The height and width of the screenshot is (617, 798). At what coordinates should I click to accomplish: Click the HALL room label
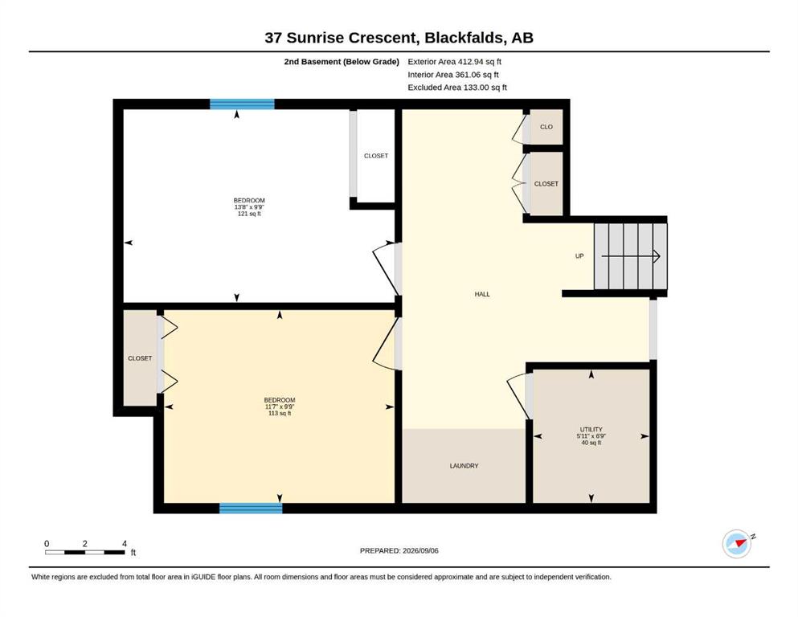coord(482,294)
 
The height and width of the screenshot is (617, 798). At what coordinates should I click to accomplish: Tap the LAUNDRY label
coord(464,465)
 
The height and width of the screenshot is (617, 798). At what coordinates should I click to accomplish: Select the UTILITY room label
coord(591,429)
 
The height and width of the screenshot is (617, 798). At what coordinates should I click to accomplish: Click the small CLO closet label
coord(546,127)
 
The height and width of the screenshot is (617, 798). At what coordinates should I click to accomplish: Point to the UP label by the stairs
coord(579,255)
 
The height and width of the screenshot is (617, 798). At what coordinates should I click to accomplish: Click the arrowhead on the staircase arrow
coord(657,255)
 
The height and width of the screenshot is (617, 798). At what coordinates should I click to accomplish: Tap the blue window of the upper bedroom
coord(242,104)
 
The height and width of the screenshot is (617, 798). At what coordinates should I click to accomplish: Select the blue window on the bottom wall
coord(251,509)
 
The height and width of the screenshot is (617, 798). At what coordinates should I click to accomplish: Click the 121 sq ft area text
coord(249,214)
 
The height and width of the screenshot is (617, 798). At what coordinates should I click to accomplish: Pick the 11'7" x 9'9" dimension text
coord(280,407)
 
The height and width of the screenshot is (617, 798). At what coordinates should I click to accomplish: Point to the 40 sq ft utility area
coord(591,443)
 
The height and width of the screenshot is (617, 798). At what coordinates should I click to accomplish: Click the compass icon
coord(738,544)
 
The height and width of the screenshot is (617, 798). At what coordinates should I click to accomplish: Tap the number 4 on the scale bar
coord(125,544)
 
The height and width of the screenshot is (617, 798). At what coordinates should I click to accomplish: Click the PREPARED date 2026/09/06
coord(420,550)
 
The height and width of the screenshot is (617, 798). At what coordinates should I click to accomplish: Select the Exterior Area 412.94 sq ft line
coord(455,62)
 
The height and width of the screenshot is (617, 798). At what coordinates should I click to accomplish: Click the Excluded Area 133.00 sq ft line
coord(457,87)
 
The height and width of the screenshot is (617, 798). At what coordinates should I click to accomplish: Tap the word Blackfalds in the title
coord(464,38)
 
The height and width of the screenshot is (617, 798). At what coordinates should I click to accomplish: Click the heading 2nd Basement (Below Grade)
coord(342,62)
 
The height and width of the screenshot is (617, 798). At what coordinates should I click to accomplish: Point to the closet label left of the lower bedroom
coord(140,358)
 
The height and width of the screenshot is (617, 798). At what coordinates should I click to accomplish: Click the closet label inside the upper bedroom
coord(376,156)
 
